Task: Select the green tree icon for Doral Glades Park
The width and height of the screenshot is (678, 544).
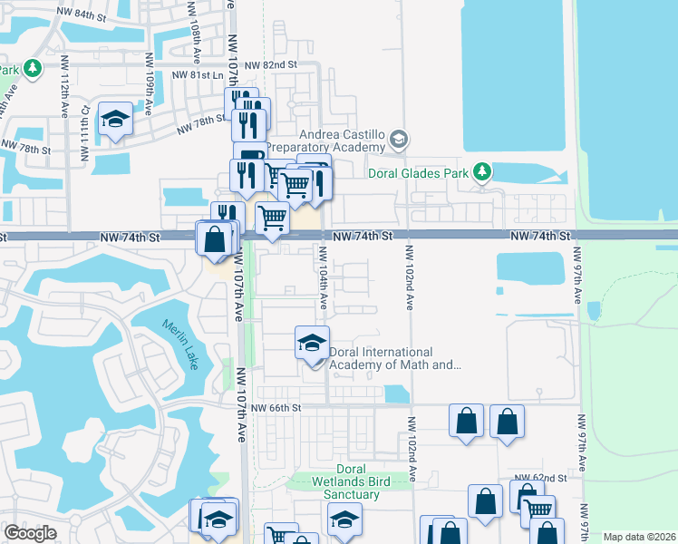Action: (482, 170)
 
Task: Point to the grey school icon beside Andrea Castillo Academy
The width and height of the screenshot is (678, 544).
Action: (399, 139)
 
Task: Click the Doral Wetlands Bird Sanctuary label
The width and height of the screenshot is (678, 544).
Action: (344, 488)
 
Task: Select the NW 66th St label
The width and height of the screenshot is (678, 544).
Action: (276, 408)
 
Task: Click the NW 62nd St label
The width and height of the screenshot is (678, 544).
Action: (539, 477)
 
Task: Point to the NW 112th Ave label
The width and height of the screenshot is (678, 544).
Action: (65, 87)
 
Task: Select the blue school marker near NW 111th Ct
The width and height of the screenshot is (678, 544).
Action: (116, 120)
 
